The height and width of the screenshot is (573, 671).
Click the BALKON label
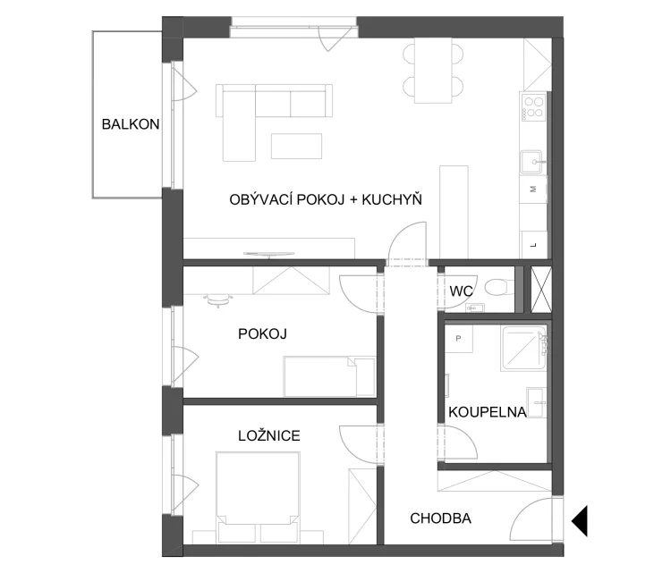131,124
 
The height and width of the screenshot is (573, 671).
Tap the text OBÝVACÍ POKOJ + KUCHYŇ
326,199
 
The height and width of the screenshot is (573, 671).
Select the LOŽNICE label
269,435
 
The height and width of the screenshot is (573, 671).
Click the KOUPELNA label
488,412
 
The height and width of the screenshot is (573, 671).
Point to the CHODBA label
441,518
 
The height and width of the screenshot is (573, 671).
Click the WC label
461,291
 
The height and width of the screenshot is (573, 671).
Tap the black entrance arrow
580,521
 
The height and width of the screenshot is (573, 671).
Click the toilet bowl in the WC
499,286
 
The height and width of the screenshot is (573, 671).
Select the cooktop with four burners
533,107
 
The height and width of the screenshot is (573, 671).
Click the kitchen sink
532,162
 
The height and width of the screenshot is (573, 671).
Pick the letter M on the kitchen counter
533,189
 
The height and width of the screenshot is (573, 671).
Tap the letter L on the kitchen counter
533,245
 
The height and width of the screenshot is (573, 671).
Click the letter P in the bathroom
458,338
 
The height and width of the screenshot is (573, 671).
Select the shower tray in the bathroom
524,349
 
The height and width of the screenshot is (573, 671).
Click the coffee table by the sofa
296,147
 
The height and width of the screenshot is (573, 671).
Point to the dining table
433,71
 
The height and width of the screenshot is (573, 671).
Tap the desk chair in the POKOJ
217,300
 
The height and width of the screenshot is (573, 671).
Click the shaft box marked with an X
541,290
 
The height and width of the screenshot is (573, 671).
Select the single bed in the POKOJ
328,376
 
